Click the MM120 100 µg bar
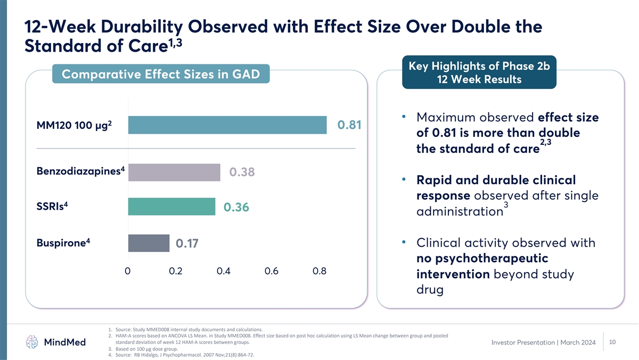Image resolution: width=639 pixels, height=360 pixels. [227, 125]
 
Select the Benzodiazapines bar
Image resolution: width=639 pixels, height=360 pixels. [174, 173]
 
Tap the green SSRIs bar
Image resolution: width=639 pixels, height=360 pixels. [171, 207]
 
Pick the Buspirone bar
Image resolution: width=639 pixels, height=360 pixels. [149, 243]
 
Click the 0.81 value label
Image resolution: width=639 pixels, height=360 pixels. [349, 125]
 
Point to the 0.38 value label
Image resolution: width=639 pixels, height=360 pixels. [242, 172]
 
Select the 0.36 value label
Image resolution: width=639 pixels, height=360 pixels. [236, 207]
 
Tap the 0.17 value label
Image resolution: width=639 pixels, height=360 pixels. [187, 243]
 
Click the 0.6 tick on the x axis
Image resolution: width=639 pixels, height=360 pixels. [271, 271]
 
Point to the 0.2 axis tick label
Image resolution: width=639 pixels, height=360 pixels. [175, 271]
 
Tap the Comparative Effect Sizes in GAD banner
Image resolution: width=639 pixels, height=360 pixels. [161, 74]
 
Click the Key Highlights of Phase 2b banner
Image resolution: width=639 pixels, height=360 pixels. [479, 72]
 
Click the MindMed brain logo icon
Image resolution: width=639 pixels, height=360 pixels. [31, 342]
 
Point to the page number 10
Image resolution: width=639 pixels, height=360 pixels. [612, 342]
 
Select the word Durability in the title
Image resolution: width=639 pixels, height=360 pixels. [142, 27]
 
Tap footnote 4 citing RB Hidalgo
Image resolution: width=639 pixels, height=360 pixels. [181, 355]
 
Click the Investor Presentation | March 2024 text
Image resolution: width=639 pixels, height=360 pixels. [544, 342]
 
